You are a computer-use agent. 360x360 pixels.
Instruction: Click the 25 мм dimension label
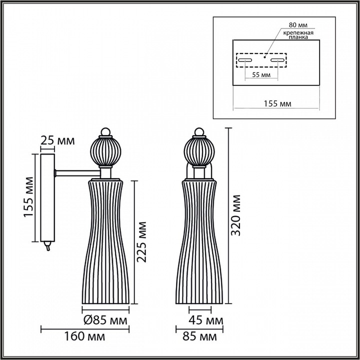click(57, 140)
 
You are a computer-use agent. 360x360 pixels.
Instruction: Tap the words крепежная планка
click(298, 35)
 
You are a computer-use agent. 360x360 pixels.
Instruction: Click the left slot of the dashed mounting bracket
click(245, 60)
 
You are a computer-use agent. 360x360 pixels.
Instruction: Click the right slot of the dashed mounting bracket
click(277, 60)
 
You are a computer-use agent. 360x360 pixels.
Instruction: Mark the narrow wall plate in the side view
click(47, 197)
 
